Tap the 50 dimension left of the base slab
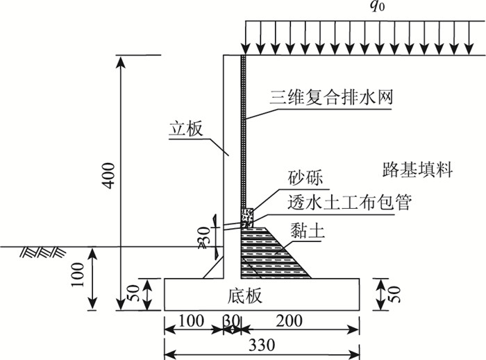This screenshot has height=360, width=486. [x=138, y=293]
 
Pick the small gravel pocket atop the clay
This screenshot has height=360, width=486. [x=246, y=217]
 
